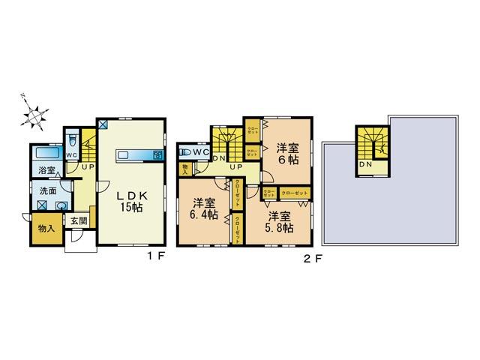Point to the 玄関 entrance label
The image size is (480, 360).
point(79,220)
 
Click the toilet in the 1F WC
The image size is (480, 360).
point(72,140)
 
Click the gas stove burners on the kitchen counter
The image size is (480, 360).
point(157,156)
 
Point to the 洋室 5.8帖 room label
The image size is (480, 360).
point(278,221)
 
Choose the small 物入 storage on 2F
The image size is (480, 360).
point(185,170)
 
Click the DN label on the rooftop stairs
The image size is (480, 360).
point(367,164)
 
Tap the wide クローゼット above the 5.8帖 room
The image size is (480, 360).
point(295,193)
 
